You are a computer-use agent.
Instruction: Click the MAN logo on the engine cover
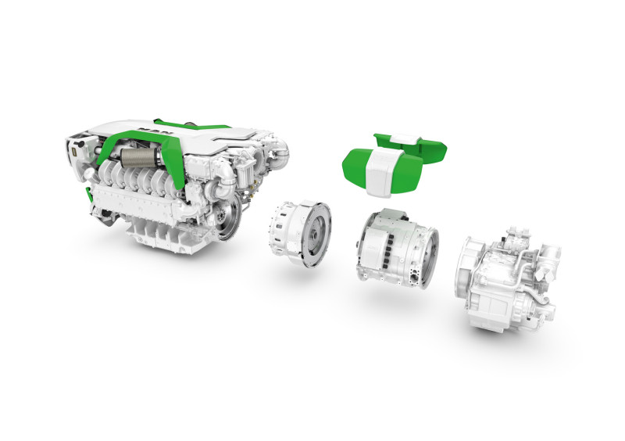[x=152, y=130]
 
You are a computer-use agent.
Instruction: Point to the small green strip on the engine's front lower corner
[x=87, y=195]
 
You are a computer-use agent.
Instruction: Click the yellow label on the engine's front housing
[x=73, y=152]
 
